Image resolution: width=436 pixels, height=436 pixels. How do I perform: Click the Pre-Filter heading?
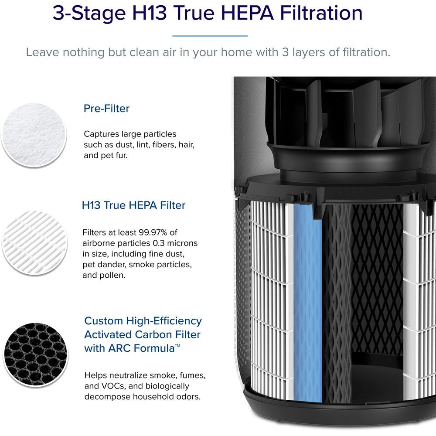106,109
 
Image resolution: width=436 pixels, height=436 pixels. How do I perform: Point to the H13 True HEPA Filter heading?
133,205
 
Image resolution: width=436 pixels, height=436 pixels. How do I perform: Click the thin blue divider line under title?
210,36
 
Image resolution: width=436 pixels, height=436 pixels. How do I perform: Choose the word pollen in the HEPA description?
113,276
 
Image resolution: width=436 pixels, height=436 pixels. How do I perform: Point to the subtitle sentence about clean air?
208,52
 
